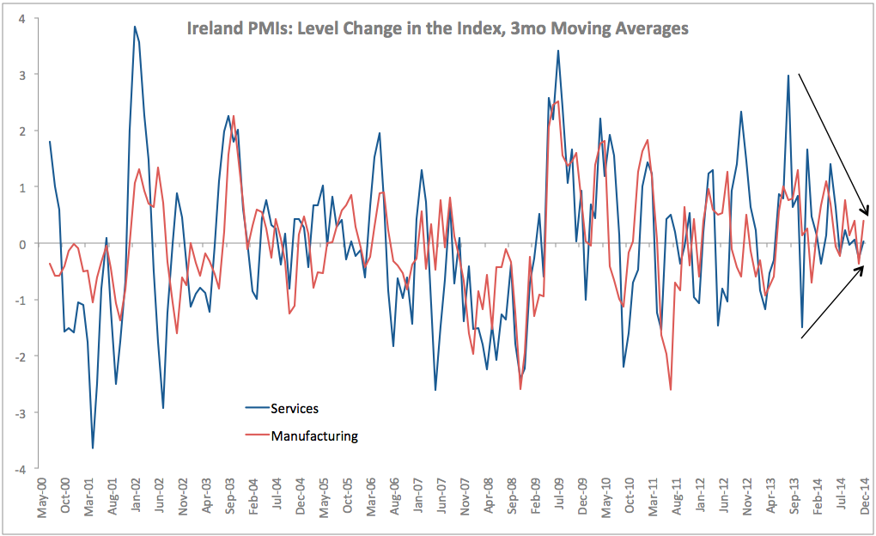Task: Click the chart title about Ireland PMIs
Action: [x=438, y=29]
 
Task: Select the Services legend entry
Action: [x=295, y=408]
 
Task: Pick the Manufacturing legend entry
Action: [x=314, y=435]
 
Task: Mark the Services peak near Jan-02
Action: [x=135, y=27]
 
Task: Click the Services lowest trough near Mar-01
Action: [x=93, y=448]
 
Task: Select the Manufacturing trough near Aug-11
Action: [x=671, y=390]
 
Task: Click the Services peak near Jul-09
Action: [x=558, y=51]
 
